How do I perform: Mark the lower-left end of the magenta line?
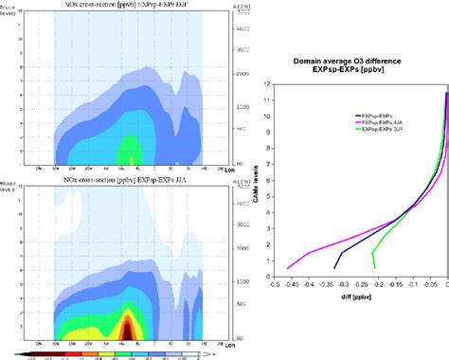[x=287, y=267]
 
